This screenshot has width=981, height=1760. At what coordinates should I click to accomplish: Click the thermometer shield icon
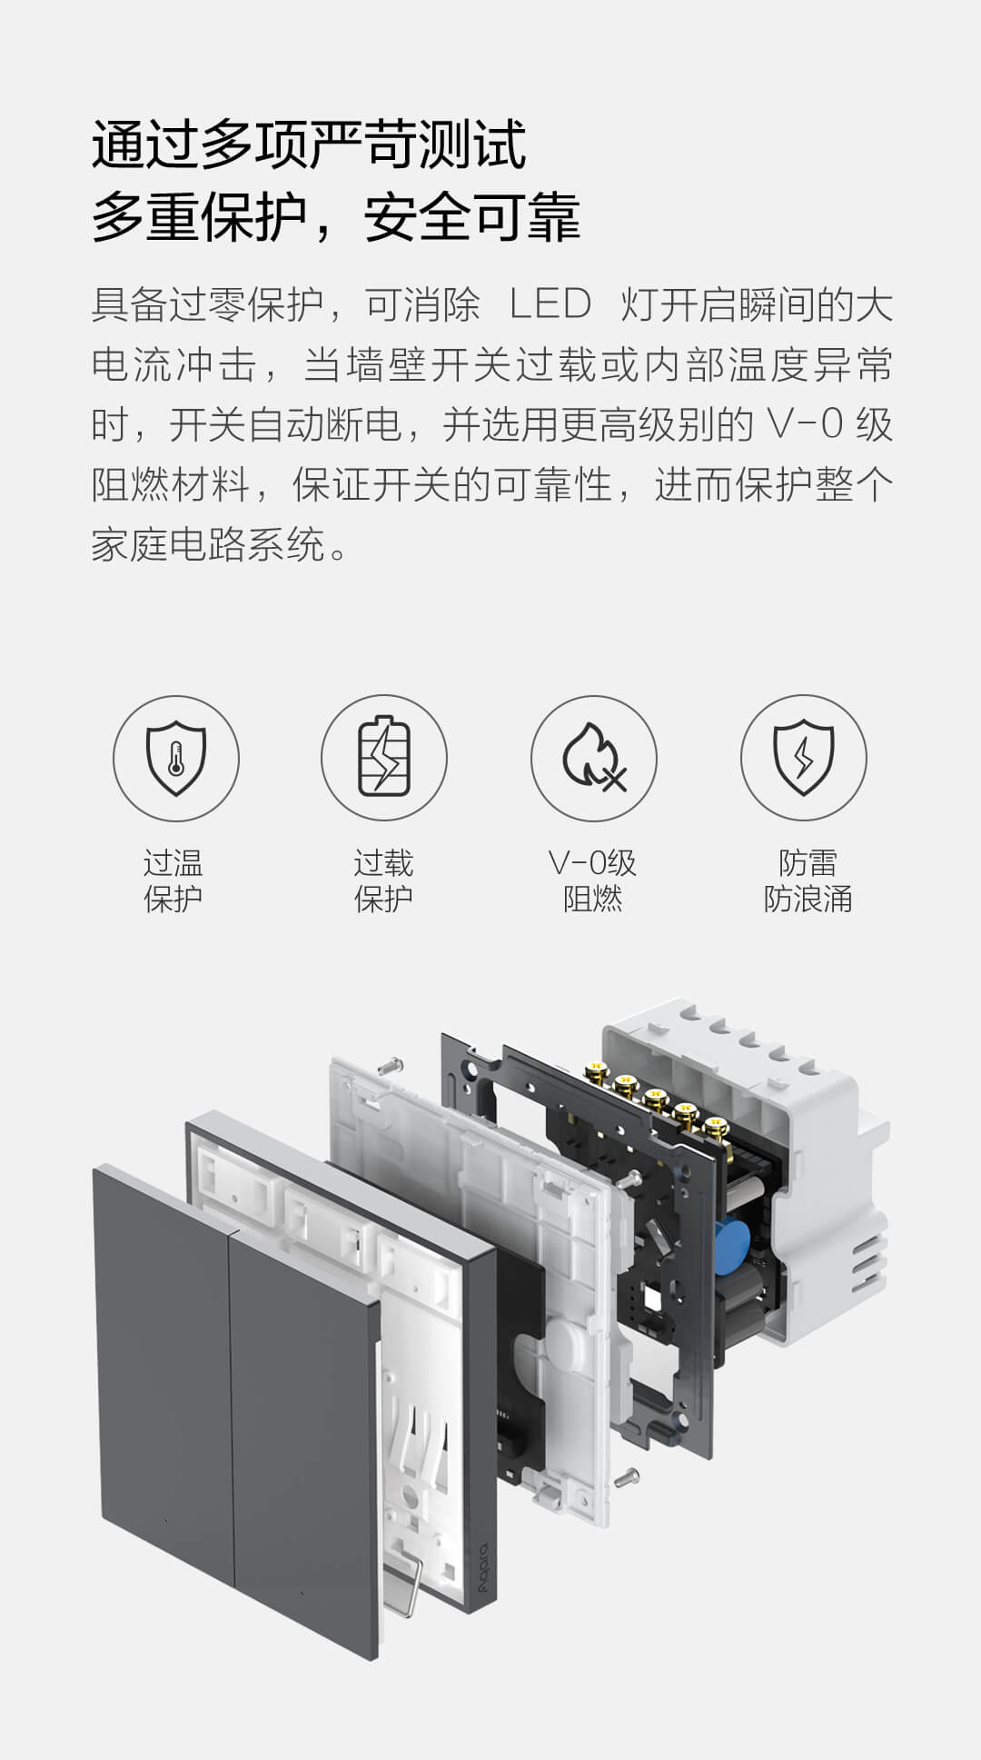point(176,758)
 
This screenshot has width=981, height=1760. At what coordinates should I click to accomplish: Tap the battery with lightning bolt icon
point(384,758)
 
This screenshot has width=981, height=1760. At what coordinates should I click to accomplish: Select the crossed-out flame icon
point(594,758)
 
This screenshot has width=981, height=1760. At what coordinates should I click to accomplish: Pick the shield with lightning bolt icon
point(803,758)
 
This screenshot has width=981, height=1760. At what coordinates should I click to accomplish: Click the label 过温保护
point(173,880)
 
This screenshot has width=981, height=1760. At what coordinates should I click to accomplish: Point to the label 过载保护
point(383,880)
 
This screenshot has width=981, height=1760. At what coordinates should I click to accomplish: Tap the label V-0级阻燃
point(592,880)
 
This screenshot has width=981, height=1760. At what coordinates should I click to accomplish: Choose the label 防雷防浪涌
point(808,880)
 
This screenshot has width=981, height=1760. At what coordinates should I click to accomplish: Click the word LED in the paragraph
point(550,305)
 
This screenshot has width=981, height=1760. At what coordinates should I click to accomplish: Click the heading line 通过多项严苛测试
point(309,145)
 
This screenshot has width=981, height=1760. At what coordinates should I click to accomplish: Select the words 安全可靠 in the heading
point(471,218)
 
